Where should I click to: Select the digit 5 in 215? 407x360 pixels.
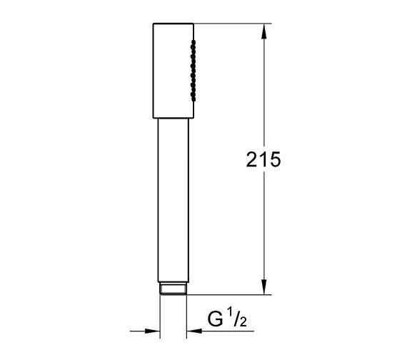point(272,160)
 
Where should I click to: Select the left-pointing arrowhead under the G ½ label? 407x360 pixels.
point(194,331)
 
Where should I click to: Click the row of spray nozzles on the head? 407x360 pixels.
point(191,69)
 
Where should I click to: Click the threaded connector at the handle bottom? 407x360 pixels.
point(172,289)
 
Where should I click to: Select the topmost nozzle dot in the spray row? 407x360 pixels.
point(191,45)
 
